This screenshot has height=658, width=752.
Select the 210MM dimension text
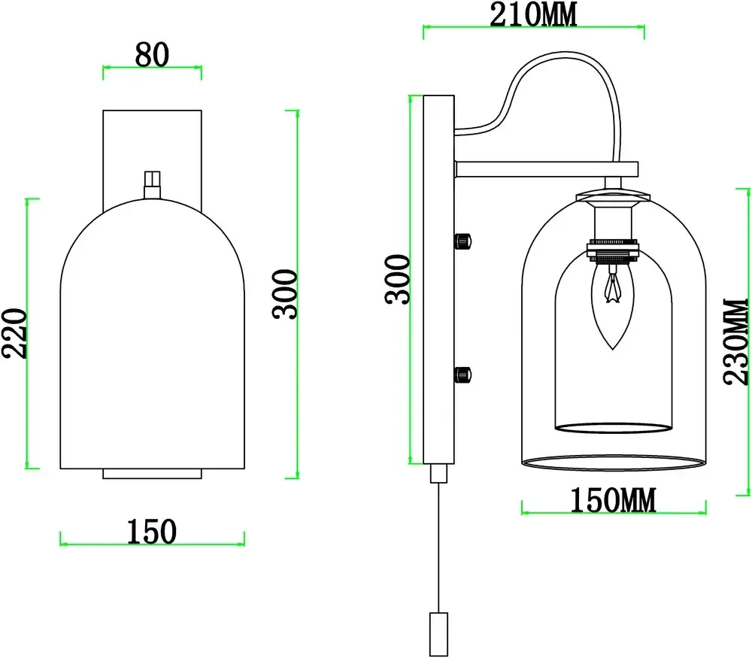[533, 14]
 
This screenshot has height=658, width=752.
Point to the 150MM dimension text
[612, 499]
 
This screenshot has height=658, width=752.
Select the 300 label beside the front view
[286, 294]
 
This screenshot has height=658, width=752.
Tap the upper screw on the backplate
[462, 241]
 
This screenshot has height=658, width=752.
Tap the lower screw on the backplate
[462, 373]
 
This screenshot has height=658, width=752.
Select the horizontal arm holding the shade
[546, 170]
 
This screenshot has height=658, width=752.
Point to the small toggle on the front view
[153, 183]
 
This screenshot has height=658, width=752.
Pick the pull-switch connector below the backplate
[437, 473]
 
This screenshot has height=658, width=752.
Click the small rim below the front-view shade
[152, 473]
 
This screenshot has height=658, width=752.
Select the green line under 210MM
[533, 31]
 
